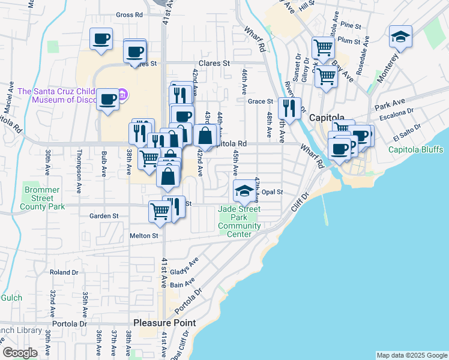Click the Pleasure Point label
click(164, 323)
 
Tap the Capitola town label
click(325, 118)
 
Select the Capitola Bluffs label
click(415, 149)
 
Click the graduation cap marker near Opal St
click(244, 191)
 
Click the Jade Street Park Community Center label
click(239, 221)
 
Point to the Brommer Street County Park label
click(41, 198)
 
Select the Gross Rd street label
click(129, 14)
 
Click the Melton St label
click(143, 236)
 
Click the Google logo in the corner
click(20, 353)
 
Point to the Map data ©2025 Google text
click(411, 355)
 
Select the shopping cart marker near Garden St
click(160, 211)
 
